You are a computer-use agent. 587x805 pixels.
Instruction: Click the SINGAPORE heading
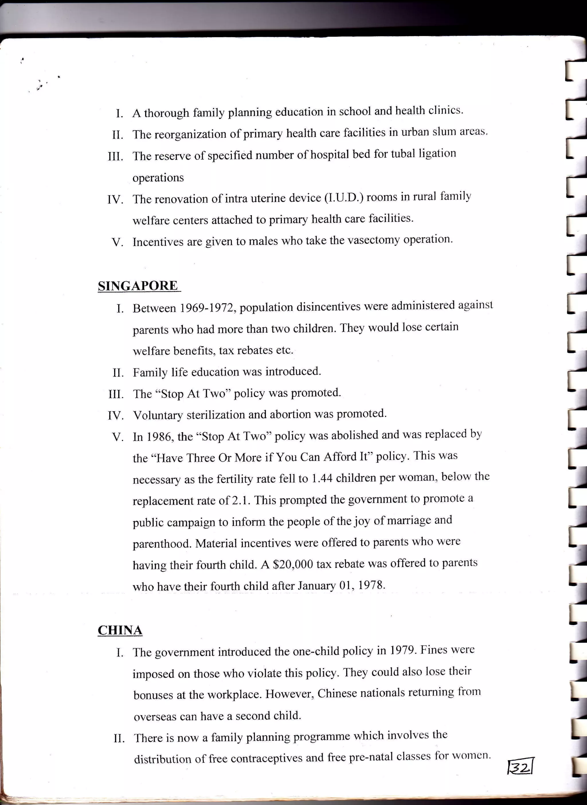(x=138, y=286)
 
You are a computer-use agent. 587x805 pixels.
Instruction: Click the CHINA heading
(x=120, y=630)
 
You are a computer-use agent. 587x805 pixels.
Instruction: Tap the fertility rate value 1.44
(x=322, y=478)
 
